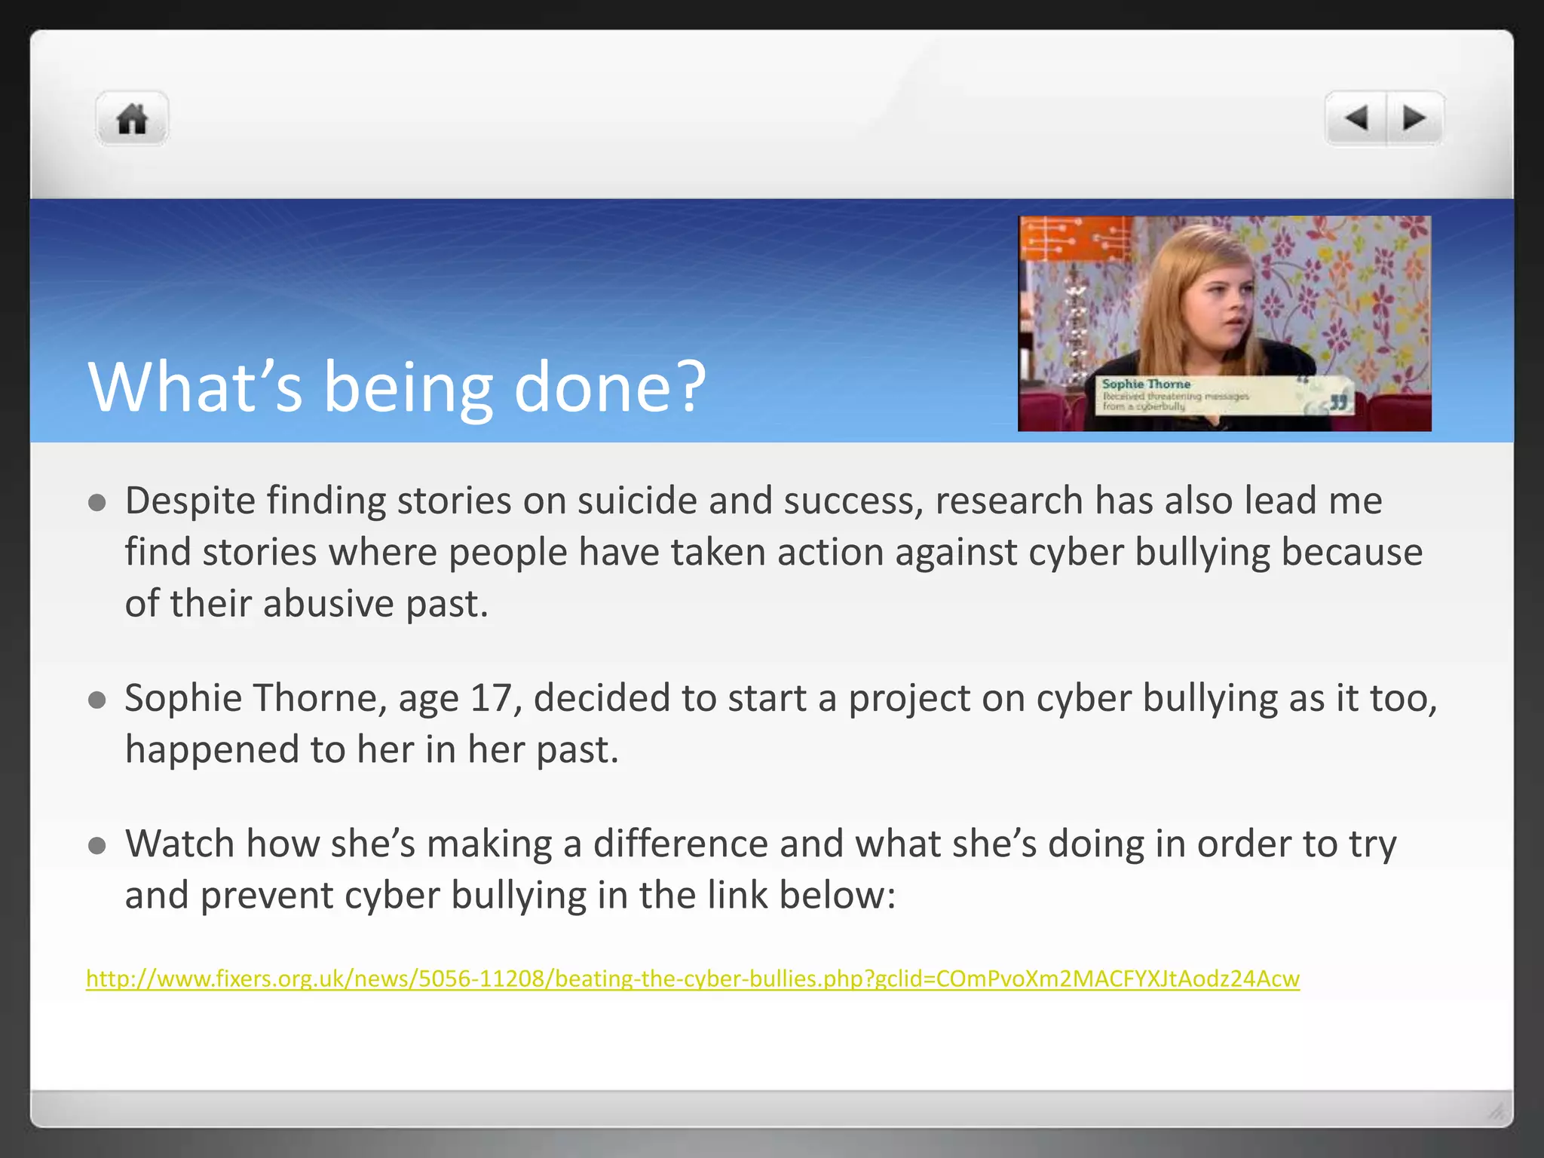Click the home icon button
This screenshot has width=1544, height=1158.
pos(132,119)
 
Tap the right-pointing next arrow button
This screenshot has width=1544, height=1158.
pos(1414,118)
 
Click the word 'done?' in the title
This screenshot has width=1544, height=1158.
pos(609,388)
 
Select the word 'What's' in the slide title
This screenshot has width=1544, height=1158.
pos(195,388)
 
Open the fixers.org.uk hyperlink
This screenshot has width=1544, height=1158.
pos(692,979)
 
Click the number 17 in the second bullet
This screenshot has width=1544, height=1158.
pos(491,698)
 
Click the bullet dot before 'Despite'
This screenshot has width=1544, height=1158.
pos(96,503)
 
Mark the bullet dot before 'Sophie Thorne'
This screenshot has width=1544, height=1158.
pos(96,700)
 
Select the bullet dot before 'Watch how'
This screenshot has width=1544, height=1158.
pos(96,846)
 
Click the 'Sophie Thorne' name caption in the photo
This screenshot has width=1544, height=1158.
pos(1146,384)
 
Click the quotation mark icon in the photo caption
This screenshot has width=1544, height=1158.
pos(1337,402)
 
